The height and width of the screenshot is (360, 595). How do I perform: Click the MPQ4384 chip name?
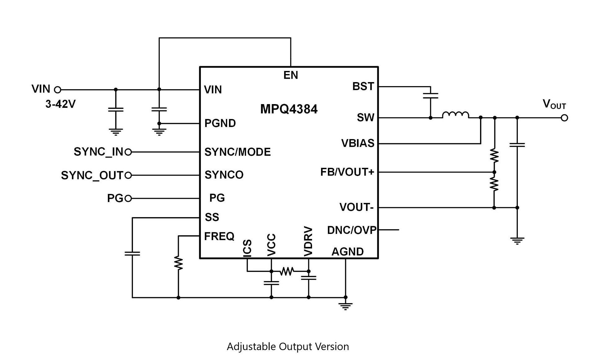pos(289,109)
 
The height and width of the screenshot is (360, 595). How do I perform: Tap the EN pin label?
pos(290,75)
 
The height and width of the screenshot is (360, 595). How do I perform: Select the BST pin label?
pos(363,86)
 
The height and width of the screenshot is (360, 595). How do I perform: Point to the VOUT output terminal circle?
pos(564,118)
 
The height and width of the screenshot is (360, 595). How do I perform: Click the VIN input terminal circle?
pos(57,90)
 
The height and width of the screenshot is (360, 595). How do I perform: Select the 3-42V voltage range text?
pos(60,104)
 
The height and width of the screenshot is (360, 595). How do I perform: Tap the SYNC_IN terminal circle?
pos(128,152)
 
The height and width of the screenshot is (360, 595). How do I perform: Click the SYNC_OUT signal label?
pos(92,175)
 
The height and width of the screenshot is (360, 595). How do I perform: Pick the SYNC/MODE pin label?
pos(237,152)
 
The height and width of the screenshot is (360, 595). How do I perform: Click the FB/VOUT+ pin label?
pos(347,172)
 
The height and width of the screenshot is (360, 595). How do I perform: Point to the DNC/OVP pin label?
pos(352,230)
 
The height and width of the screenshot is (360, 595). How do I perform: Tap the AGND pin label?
pos(347,252)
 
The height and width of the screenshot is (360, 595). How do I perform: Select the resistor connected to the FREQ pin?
pos(178,263)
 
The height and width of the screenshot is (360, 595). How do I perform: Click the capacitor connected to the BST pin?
pos(430,95)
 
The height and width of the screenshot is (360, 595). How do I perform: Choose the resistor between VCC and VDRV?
pos(287,271)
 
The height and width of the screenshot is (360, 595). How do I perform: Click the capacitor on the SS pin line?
pos(132,253)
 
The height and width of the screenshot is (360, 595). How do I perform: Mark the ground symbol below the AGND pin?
pos(346,306)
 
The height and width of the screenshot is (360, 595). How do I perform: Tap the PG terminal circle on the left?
pos(128,199)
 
